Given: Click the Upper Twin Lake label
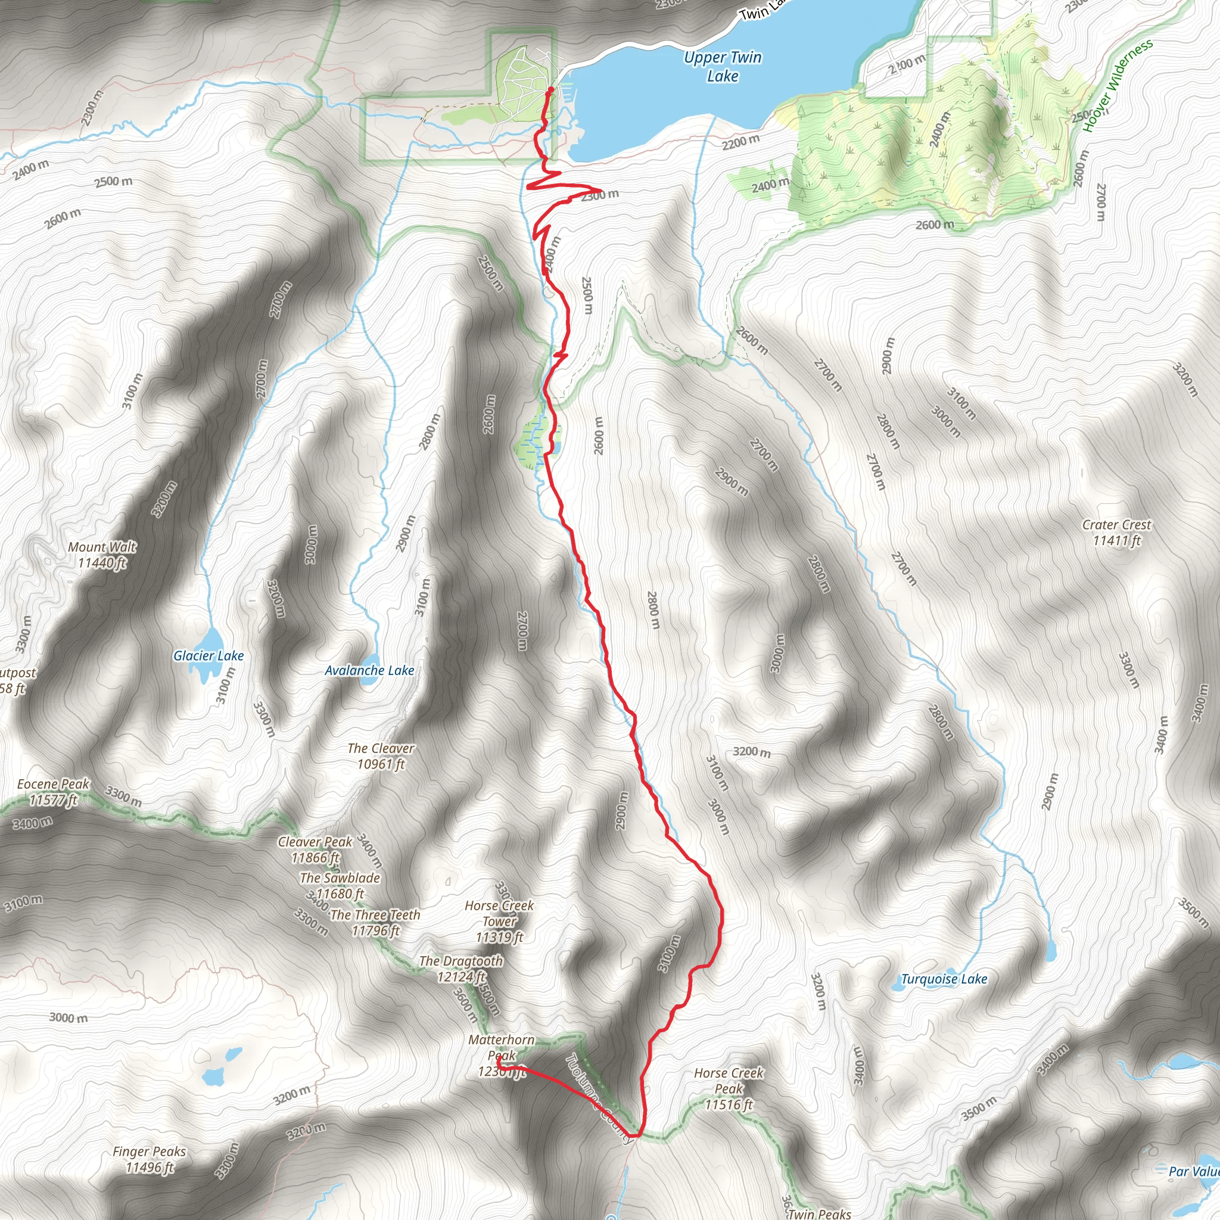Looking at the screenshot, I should point(723,66).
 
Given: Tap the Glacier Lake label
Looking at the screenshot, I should point(208,655).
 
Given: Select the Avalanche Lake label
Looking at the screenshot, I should point(369,670).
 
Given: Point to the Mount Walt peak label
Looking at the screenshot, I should point(102,555).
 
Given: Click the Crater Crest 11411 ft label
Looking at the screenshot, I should point(1116,532).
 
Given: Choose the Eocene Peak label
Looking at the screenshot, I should point(54,791).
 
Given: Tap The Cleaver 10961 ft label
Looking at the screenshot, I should point(381,756).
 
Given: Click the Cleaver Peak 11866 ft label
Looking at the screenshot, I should point(315,849).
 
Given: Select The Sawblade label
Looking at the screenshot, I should point(340,885).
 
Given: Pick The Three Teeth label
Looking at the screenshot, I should point(375,922).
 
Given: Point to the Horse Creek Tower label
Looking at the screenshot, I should point(499,922).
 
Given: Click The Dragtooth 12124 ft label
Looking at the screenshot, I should point(461,969).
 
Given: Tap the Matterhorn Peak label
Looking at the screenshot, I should point(502,1055).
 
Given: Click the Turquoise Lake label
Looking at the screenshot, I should point(944,979).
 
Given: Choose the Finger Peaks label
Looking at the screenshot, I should point(149,1159).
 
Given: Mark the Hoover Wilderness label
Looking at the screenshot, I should point(1118,85).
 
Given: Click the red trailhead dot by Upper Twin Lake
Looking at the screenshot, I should point(551,91).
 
